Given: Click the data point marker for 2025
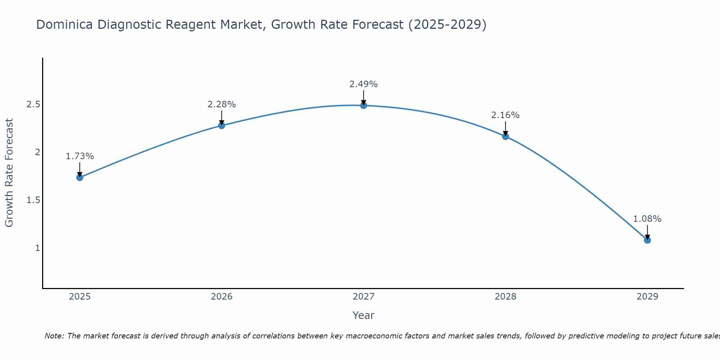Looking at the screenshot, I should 80,177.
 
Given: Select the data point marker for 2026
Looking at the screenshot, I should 222,125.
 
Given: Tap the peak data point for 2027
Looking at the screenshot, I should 364,105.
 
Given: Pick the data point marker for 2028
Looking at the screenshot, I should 505,136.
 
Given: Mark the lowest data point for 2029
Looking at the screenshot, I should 647,240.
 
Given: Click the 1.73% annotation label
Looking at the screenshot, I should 80,156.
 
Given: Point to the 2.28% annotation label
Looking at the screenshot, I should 222,104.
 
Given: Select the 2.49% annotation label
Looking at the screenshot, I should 364,84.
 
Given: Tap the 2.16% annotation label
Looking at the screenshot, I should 505,115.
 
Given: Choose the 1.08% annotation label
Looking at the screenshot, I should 647,219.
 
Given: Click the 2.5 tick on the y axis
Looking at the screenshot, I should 33,104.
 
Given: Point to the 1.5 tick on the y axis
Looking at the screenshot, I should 33,200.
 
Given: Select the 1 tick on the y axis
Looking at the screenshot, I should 37,248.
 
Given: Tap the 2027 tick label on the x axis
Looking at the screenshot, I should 364,297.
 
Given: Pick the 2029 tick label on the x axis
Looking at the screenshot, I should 647,297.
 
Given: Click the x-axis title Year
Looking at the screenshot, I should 364,315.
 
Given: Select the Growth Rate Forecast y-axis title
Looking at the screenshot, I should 9,173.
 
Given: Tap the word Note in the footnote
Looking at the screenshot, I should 54,336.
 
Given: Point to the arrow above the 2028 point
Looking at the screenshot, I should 505,129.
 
